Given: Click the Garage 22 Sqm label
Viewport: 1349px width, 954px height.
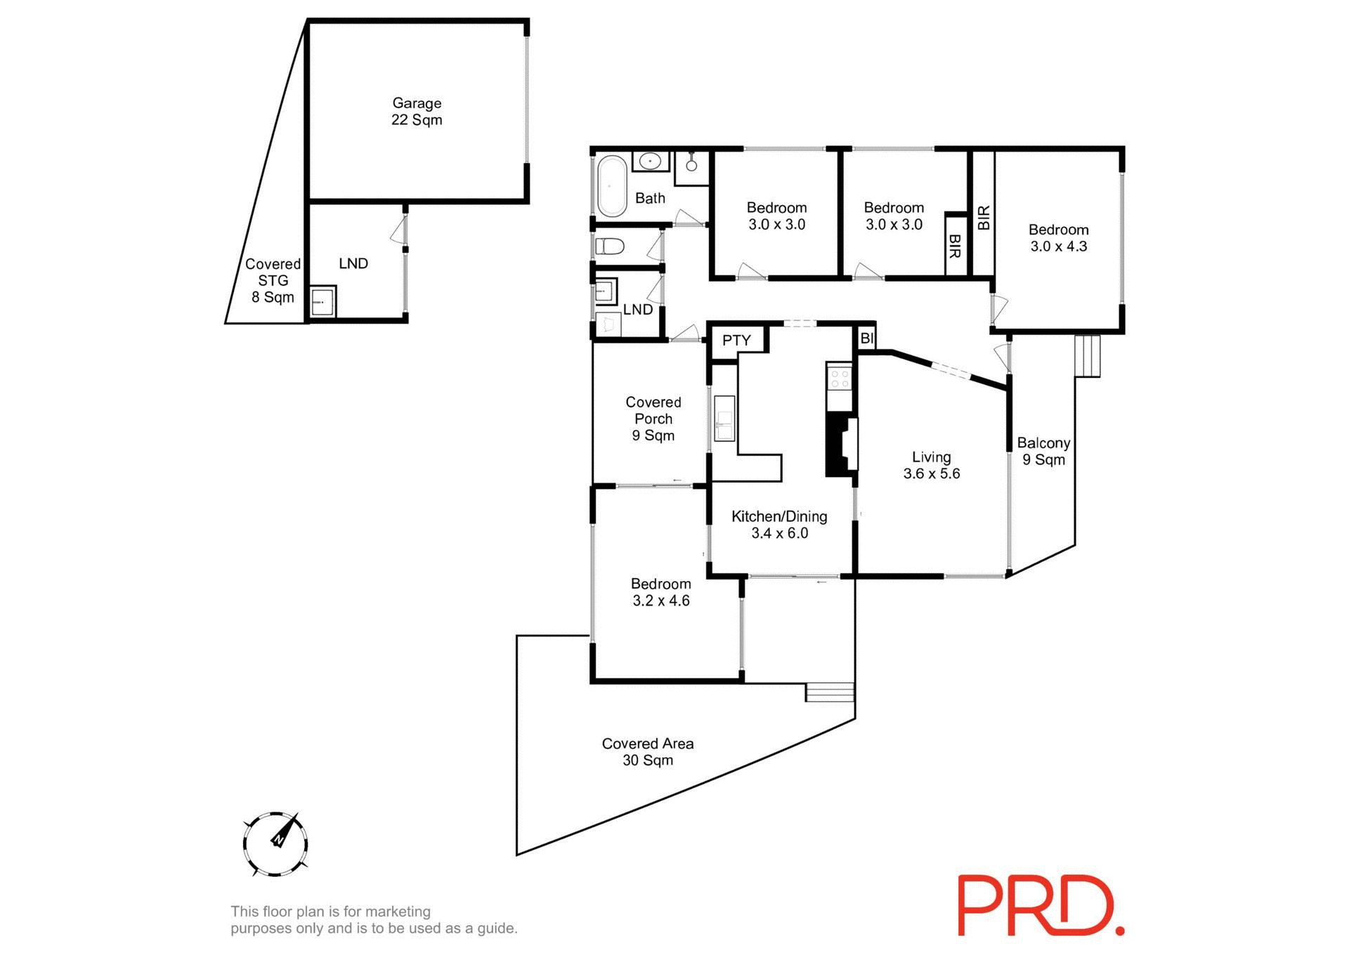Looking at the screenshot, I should pyautogui.click(x=417, y=112).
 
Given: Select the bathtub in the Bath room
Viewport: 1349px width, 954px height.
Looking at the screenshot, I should pyautogui.click(x=611, y=185).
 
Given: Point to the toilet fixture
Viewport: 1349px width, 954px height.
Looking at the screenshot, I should pyautogui.click(x=609, y=247).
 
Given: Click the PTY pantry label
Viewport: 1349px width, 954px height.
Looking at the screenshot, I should pyautogui.click(x=736, y=341).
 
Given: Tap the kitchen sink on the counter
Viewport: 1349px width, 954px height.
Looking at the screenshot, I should pyautogui.click(x=724, y=419).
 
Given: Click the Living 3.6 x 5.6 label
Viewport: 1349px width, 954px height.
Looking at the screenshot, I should pyautogui.click(x=932, y=465).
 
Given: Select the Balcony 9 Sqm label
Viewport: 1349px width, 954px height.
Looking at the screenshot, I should pyautogui.click(x=1043, y=451).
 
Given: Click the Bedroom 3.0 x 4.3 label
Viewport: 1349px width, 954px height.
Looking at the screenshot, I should pyautogui.click(x=1058, y=237).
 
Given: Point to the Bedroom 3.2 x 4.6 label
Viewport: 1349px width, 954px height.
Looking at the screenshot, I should pyautogui.click(x=660, y=592).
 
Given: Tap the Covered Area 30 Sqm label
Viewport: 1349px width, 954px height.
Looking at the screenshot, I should pyautogui.click(x=648, y=752).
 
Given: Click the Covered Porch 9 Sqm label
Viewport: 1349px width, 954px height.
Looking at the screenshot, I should pyautogui.click(x=653, y=419).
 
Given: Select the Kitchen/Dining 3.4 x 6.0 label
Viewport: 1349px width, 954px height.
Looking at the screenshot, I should pyautogui.click(x=779, y=525).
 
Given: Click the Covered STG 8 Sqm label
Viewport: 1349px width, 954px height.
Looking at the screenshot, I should pyautogui.click(x=273, y=280).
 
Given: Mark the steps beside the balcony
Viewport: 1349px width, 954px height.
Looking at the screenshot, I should pyautogui.click(x=1088, y=356).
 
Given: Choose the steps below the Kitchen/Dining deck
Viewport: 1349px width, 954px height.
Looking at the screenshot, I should pyautogui.click(x=830, y=692).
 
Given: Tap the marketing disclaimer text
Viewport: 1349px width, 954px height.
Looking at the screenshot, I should pyautogui.click(x=374, y=920).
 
